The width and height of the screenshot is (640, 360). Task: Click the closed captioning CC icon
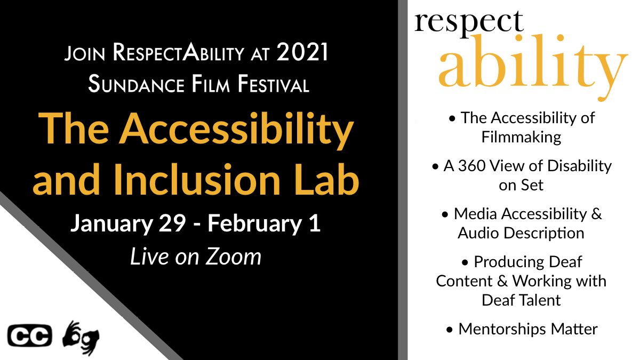30,335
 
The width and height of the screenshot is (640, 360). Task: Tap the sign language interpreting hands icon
81,338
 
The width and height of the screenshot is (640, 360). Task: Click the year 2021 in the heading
302,52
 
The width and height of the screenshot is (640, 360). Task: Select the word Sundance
137,84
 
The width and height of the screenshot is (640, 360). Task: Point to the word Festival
274,84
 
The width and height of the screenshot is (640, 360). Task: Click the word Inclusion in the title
197,180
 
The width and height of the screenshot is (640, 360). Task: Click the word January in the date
111,223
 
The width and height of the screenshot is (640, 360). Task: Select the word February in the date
254,223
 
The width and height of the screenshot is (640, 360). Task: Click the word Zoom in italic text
234,257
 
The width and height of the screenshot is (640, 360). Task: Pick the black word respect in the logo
469,22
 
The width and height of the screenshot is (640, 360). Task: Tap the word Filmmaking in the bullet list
521,137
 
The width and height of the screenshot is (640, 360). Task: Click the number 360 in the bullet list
471,166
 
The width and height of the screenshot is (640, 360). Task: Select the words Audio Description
521,233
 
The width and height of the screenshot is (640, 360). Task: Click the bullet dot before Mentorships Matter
450,330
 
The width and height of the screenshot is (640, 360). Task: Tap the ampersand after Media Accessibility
597,214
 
